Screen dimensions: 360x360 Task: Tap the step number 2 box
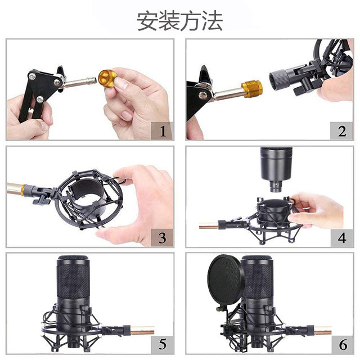(x=341, y=132)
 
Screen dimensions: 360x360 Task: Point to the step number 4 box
(x=341, y=237)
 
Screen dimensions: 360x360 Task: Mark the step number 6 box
(x=341, y=343)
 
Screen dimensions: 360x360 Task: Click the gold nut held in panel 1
(x=107, y=77)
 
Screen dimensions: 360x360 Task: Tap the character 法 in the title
(x=212, y=21)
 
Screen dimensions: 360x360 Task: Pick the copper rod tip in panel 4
(x=207, y=227)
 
